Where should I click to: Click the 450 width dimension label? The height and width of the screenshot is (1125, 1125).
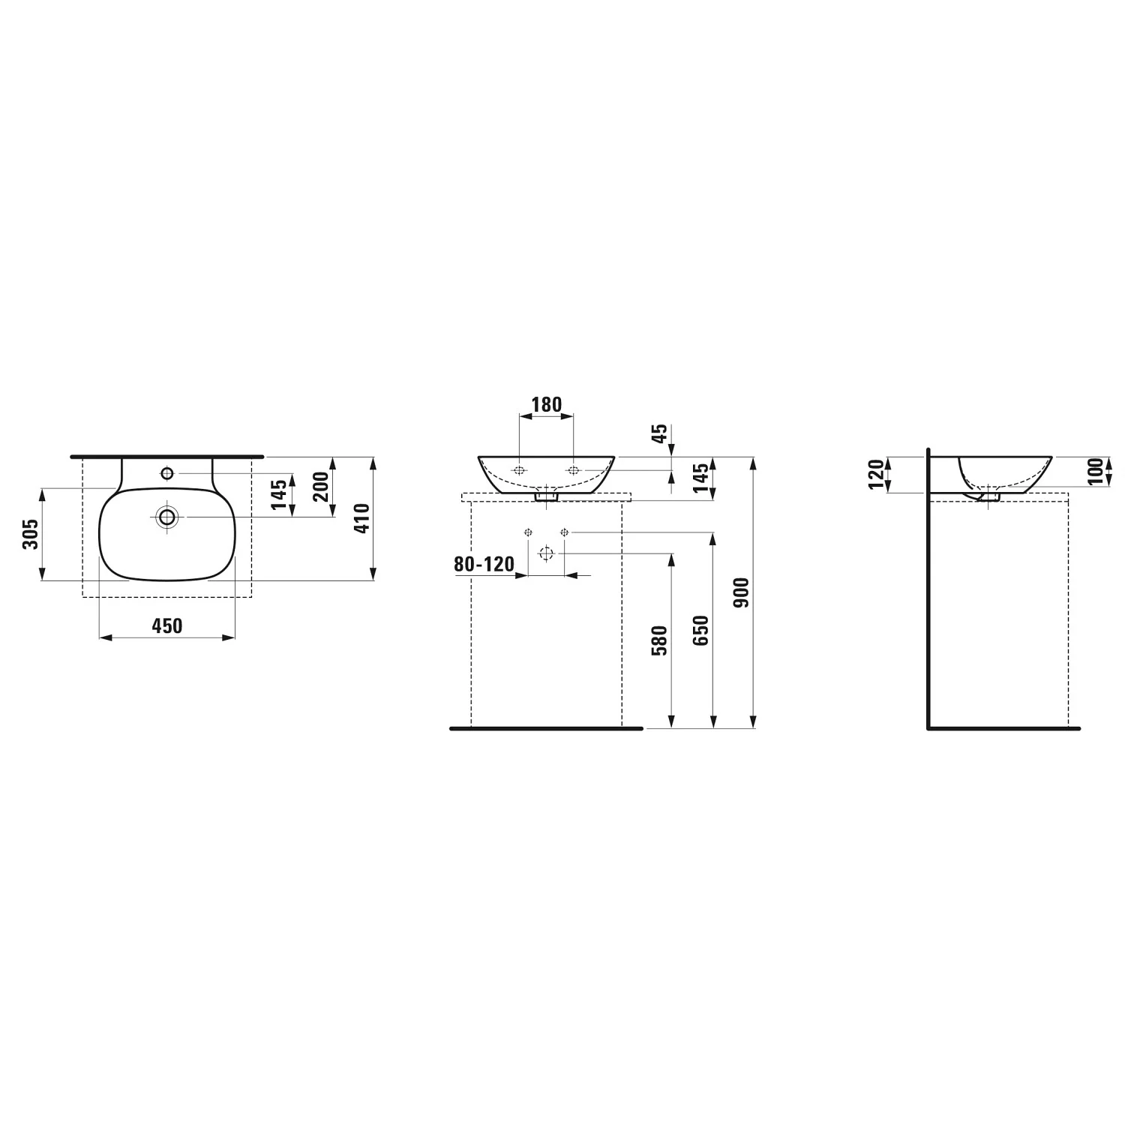[x=167, y=625]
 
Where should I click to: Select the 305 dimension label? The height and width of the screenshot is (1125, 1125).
[x=30, y=534]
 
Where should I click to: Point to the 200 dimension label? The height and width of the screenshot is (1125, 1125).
[x=321, y=487]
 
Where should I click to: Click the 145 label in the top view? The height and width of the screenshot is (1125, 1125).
[x=279, y=495]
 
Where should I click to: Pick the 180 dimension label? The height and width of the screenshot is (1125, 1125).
[x=546, y=405]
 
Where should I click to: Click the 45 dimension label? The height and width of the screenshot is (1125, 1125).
[x=659, y=434]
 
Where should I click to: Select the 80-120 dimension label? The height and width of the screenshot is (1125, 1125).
[x=484, y=564]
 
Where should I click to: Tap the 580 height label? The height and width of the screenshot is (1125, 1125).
[x=659, y=640]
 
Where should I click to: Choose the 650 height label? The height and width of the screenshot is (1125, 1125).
[x=700, y=630]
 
